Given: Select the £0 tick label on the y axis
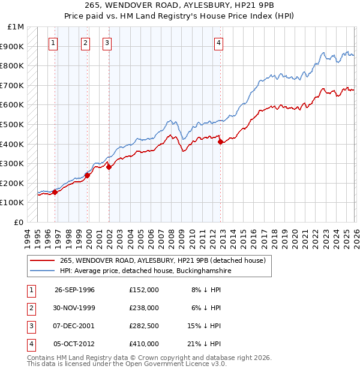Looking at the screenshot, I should pos(19,222).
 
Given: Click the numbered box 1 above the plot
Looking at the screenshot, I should pos(54,43).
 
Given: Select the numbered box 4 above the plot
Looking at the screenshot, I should pos(220,43).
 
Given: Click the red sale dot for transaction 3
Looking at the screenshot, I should pos(109,167).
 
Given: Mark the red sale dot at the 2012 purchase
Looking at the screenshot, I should pos(221,142).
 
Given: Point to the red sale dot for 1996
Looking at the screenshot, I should pos(55,192).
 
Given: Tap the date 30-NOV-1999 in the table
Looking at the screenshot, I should pos(74,307).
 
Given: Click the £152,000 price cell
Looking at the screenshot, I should pos(143,289).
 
